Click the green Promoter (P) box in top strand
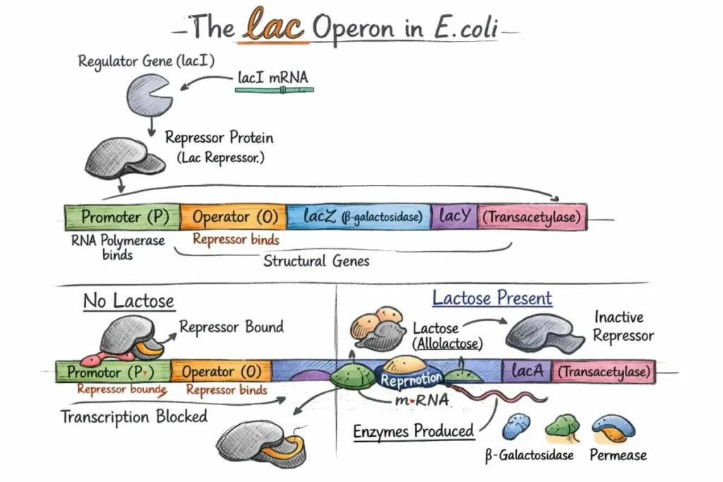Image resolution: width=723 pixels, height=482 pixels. [121, 217]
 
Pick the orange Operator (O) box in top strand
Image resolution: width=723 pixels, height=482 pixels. [233, 217]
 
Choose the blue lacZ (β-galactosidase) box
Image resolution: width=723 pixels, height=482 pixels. [359, 217]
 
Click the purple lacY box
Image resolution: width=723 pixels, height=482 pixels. [454, 217]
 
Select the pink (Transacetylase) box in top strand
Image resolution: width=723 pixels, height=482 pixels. [532, 217]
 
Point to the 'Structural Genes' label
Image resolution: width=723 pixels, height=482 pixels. [316, 261]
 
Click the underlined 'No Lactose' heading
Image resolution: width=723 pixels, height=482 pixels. [129, 301]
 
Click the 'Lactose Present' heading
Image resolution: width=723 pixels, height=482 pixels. [492, 298]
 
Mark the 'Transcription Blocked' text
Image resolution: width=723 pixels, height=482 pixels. [134, 416]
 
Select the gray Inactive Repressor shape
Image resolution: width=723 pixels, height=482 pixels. [544, 333]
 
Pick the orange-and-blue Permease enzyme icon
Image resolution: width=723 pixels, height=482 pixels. [613, 426]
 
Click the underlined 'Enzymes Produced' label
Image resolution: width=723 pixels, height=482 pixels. [414, 430]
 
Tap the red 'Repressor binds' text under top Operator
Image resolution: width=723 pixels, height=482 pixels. [236, 240]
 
